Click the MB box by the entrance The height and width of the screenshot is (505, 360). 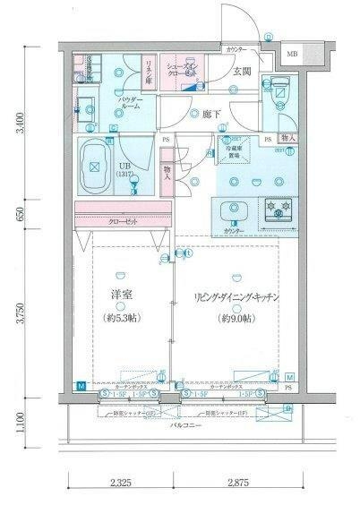[x=292, y=56]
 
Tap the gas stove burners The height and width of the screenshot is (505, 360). [x=277, y=210]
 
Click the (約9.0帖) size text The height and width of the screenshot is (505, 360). [x=237, y=318]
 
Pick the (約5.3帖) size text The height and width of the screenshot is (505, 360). [x=119, y=318]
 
